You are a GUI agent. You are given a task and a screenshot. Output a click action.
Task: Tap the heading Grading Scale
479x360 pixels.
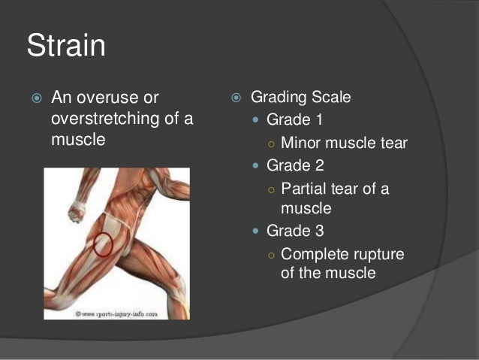click(x=300, y=98)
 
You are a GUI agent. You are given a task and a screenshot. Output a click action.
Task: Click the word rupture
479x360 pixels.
click(x=378, y=254)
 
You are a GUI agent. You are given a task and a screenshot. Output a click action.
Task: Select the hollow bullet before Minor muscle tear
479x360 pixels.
click(x=272, y=144)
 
